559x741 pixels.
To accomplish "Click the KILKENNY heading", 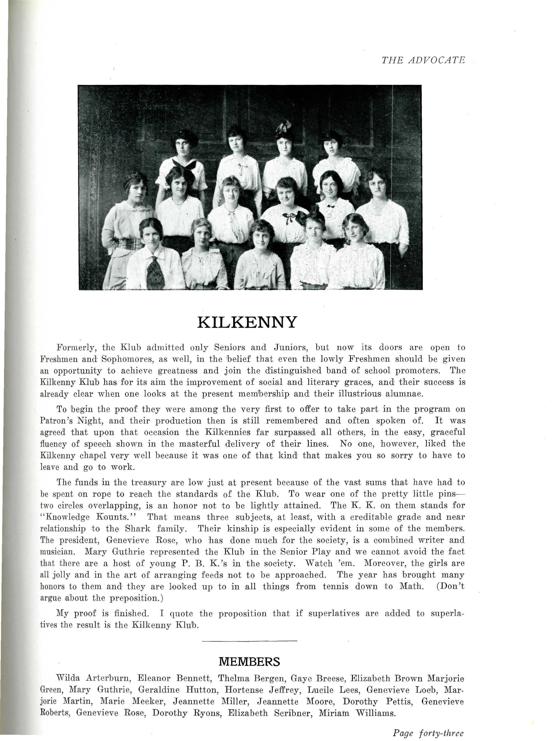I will [247, 322].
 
